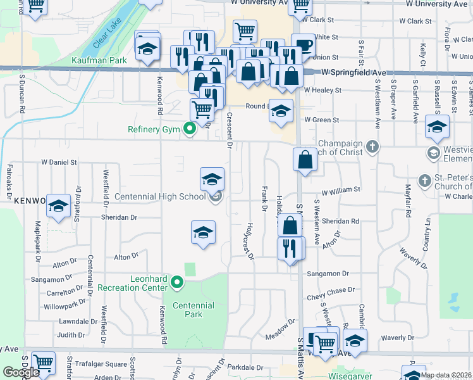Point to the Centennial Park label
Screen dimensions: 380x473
[x=193, y=310]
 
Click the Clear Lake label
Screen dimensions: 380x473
[x=107, y=34]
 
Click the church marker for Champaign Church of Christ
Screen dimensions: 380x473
[x=373, y=147]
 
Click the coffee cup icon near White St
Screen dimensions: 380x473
[x=304, y=46]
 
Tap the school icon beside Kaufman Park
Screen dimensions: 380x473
[x=147, y=49]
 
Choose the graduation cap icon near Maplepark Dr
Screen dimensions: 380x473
[x=58, y=206]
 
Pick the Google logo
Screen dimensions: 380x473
[x=20, y=372]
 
